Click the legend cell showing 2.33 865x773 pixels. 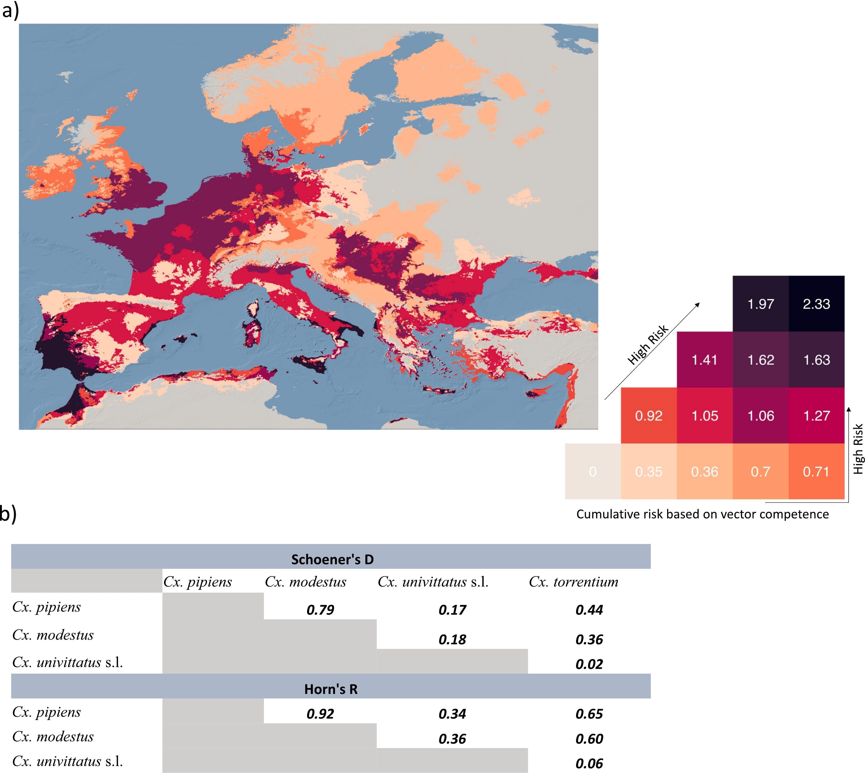pyautogui.click(x=816, y=304)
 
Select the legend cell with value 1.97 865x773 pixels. pyautogui.click(x=761, y=304)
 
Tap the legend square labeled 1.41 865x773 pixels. pyautogui.click(x=704, y=360)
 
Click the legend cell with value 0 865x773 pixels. pyautogui.click(x=593, y=472)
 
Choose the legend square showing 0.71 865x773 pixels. pyautogui.click(x=816, y=472)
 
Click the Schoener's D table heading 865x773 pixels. pyautogui.click(x=332, y=559)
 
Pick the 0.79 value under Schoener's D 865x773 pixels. pyautogui.click(x=320, y=610)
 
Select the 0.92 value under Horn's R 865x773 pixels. pyautogui.click(x=320, y=714)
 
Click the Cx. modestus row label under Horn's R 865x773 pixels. pyautogui.click(x=53, y=737)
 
